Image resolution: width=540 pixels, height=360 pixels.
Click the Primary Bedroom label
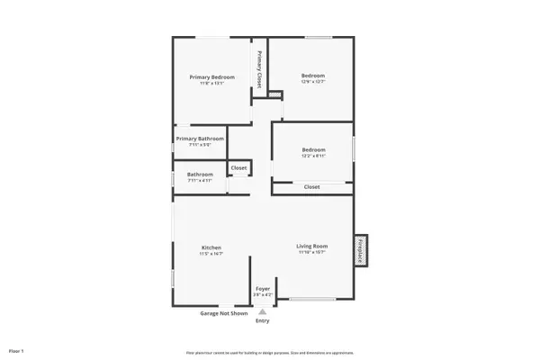(x=211, y=77)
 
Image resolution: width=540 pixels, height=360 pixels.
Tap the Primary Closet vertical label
(x=259, y=67)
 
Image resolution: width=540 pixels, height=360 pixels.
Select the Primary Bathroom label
(x=199, y=138)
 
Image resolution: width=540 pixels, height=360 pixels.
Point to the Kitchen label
(x=211, y=247)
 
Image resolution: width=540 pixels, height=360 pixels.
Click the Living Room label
(x=312, y=246)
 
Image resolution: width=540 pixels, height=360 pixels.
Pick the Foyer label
(x=262, y=289)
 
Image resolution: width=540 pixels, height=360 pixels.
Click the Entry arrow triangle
(x=262, y=311)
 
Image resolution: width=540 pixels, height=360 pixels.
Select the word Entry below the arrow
(x=262, y=320)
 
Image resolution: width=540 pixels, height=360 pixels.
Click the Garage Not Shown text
(x=223, y=313)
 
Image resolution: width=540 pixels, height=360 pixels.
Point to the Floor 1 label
(x=17, y=349)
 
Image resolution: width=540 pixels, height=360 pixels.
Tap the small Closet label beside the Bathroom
(x=238, y=167)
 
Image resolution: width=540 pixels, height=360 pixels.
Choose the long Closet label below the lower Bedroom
(x=311, y=186)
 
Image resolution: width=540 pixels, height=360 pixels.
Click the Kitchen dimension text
(x=211, y=254)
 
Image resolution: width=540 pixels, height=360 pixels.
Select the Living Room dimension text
(x=312, y=252)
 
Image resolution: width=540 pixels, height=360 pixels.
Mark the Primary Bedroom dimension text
(x=211, y=84)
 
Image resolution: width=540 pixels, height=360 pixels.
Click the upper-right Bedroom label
(x=312, y=76)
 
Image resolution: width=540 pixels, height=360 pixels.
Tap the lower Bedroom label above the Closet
(x=313, y=149)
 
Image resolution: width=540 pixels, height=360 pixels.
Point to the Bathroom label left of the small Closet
(x=200, y=174)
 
